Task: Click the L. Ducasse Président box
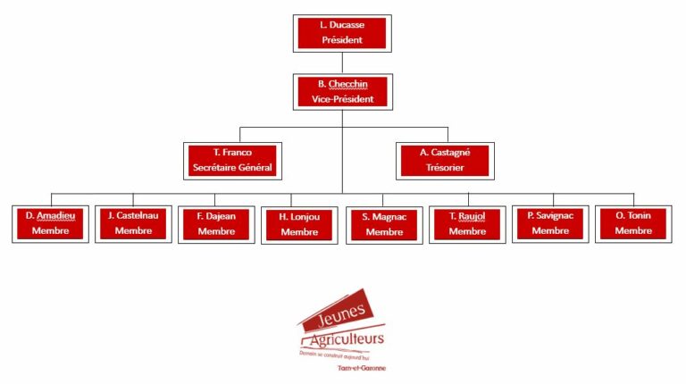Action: click(x=342, y=33)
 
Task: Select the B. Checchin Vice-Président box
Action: click(x=342, y=91)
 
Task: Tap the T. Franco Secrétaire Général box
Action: click(x=233, y=160)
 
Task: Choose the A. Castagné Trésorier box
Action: click(x=444, y=160)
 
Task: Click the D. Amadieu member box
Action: click(x=50, y=223)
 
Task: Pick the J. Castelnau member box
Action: click(x=133, y=223)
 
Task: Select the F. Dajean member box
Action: click(x=216, y=224)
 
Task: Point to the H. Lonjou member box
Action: click(x=299, y=225)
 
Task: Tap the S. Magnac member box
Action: click(x=384, y=225)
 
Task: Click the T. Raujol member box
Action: click(x=467, y=224)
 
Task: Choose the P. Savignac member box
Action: click(x=550, y=223)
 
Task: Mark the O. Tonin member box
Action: click(x=633, y=223)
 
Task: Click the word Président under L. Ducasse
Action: click(x=342, y=41)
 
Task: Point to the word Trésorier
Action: click(x=444, y=168)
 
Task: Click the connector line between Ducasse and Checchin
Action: click(x=342, y=63)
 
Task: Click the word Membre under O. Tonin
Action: click(x=633, y=231)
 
